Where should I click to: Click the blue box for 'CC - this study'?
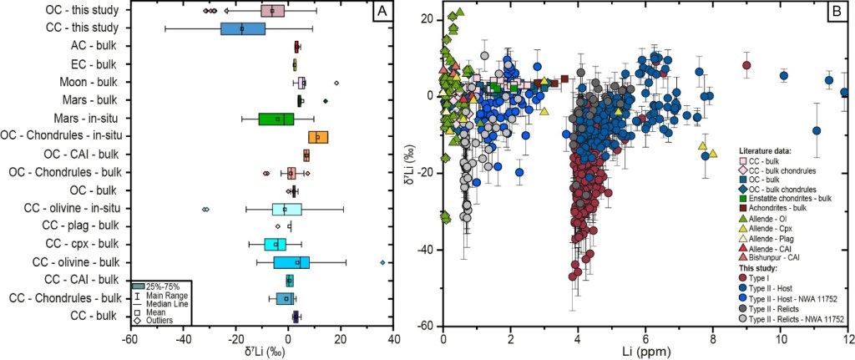[243, 28]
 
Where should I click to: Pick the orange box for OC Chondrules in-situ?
[318, 136]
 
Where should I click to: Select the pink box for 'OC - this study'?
[272, 11]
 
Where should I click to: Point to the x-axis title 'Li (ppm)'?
[645, 353]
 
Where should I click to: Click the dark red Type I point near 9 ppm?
[746, 65]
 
